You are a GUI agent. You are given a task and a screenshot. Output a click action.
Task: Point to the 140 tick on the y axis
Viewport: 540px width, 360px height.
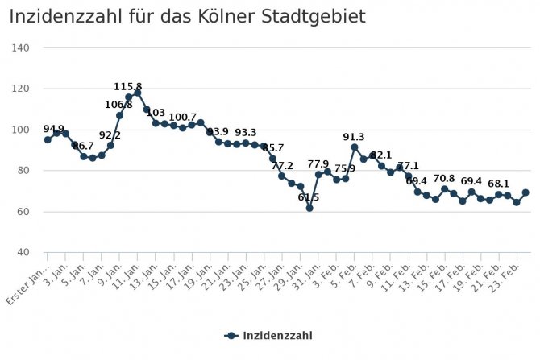click(22, 48)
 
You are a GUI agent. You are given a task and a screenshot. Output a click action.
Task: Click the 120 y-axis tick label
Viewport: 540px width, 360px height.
click(22, 89)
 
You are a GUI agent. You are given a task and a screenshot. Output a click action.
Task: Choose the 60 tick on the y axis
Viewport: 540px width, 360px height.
click(24, 212)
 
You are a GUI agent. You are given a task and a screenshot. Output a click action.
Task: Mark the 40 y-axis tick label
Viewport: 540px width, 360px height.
click(24, 253)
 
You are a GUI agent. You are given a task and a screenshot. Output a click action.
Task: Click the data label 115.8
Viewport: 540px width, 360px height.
click(128, 86)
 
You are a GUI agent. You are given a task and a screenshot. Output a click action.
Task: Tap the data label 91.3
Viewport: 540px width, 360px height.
click(353, 137)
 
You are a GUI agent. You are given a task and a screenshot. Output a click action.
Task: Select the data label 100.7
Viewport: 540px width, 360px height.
click(182, 118)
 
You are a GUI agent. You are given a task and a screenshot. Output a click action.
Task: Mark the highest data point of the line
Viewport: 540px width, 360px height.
click(137, 93)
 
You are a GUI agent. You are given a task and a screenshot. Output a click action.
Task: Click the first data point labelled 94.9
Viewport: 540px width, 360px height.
click(48, 139)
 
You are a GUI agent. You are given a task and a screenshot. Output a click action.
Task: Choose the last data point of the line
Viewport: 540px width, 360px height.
click(525, 192)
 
